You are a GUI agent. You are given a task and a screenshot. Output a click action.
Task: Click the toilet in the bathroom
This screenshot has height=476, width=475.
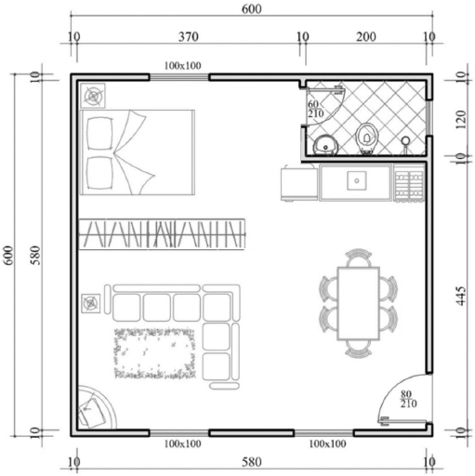pos(368,139)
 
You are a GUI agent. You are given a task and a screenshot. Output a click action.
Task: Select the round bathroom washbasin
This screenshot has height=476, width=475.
pos(325,145)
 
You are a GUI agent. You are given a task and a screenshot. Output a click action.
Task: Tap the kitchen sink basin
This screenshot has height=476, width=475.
pos(357,180)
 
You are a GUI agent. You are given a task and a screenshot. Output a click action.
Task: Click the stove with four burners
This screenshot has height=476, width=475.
pos(409,184)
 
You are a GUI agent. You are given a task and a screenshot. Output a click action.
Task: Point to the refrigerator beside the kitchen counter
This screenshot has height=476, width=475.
pos(299,183)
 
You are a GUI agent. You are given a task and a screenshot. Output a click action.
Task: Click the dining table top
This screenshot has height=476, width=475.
pos(359,303)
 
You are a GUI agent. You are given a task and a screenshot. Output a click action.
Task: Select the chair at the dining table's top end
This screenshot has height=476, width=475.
pos(359,258)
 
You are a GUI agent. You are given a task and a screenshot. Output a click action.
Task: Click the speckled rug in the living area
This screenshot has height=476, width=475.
pos(155,353)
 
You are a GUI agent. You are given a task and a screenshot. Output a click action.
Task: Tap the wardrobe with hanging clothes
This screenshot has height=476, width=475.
pos(163,234)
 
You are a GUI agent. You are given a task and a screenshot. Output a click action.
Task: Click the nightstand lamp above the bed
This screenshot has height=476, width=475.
pos(93,96)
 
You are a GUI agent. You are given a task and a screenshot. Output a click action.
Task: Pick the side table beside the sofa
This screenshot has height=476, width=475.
pos(91,303)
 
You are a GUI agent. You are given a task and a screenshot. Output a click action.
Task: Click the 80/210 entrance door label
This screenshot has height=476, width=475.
pos(408,399)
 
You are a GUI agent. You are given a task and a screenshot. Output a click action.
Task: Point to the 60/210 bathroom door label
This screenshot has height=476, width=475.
pos(315,109)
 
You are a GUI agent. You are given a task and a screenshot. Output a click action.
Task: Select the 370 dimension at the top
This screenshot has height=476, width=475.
pos(189,37)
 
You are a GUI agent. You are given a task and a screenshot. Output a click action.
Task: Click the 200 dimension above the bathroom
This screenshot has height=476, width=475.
pos(366,37)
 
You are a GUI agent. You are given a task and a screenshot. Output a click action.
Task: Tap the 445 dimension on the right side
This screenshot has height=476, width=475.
pos(461,296)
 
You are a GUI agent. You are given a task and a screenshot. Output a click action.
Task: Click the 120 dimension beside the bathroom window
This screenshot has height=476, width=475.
pos(461,120)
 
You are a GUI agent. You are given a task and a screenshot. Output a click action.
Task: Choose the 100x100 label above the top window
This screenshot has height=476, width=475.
pos(183,66)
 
